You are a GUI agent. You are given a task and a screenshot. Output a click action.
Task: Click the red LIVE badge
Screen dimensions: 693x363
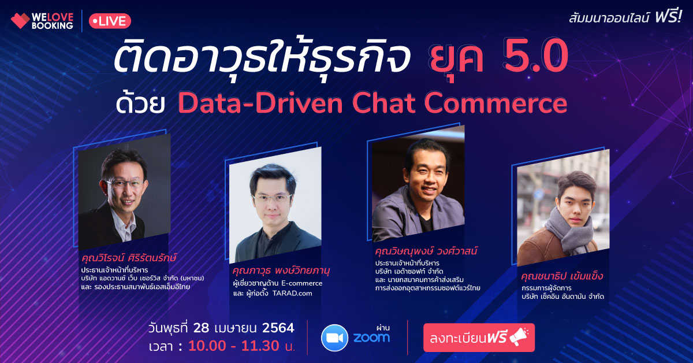tap(110, 21)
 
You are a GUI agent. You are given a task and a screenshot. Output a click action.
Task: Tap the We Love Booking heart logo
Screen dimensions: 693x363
tap(20, 21)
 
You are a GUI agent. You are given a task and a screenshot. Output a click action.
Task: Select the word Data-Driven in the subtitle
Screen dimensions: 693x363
tap(260, 103)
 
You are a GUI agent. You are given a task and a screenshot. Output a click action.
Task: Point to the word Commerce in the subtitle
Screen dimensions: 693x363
tap(495, 103)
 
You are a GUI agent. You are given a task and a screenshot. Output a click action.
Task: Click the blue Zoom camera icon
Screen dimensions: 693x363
tap(334, 338)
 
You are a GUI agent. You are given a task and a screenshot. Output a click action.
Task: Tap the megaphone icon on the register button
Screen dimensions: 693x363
tap(519, 336)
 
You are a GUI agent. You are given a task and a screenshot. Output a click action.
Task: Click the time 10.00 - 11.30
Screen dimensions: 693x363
tap(234, 346)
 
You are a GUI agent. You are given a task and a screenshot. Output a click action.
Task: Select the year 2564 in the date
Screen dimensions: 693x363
tap(278, 328)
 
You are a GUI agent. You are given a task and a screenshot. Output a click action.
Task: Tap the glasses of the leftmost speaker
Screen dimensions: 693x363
tap(126, 183)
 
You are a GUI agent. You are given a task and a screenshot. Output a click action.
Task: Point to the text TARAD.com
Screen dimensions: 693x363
tap(292, 293)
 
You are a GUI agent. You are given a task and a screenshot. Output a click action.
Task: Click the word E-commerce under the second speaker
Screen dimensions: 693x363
tap(301, 283)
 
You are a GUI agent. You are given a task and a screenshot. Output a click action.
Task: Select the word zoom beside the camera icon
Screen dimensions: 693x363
tap(371, 338)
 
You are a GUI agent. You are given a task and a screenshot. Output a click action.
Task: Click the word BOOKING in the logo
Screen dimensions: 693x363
tap(53, 25)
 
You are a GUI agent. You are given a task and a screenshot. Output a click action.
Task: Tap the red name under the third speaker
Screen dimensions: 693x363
tap(426, 251)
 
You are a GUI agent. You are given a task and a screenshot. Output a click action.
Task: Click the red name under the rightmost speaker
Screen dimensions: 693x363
tap(562, 276)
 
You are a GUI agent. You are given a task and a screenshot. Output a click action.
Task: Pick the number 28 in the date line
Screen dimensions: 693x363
tap(201, 328)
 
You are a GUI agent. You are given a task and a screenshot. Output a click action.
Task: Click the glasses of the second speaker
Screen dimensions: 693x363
tap(272, 198)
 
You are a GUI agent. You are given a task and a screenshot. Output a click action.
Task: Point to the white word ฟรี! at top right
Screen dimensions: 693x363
tap(668, 16)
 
